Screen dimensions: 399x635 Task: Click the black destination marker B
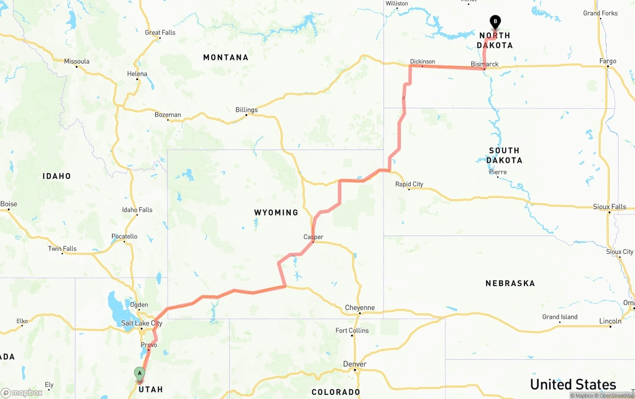495,22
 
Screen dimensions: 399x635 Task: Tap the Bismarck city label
485,64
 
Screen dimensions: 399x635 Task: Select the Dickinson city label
423,62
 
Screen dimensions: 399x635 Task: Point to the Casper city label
314,237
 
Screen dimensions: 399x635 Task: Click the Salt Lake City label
142,323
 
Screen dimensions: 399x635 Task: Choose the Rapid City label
409,184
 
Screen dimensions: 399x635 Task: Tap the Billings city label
247,110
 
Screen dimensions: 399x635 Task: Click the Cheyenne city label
360,308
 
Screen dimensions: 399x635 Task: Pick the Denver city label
355,364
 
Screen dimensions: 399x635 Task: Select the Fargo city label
608,61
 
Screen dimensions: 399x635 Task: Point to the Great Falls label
160,33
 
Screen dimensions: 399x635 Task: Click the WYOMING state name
276,213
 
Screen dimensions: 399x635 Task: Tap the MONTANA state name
226,58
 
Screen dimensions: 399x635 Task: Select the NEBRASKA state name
510,283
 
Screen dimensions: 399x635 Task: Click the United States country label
573,384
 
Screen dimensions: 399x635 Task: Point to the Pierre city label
498,172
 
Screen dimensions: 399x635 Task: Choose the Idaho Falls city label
137,210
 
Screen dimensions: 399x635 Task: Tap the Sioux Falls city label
610,207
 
